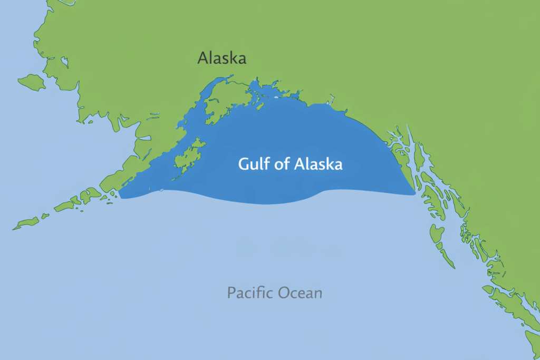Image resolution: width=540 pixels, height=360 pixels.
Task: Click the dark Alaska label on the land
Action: coord(221,58)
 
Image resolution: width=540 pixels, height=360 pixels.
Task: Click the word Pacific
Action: coord(246,293)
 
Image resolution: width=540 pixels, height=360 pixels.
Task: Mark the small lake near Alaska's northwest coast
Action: coord(64,62)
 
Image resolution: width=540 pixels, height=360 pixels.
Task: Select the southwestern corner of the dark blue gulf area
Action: coord(121,197)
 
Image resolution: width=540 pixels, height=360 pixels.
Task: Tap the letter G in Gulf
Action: coord(244,164)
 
